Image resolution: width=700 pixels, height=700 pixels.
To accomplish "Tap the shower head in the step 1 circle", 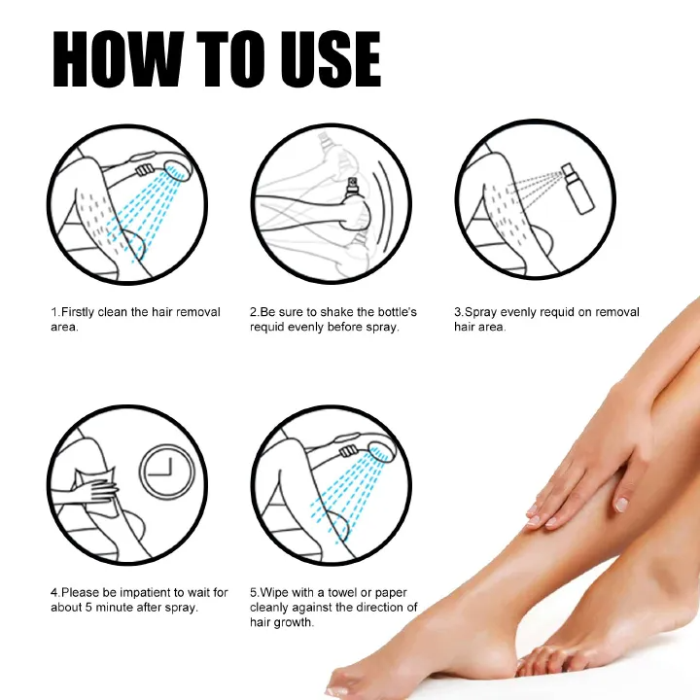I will coord(178,171).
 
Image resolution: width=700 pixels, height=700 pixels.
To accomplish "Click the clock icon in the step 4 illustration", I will coord(168,472).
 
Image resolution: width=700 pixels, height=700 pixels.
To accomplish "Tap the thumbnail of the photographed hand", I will coord(620,505).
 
